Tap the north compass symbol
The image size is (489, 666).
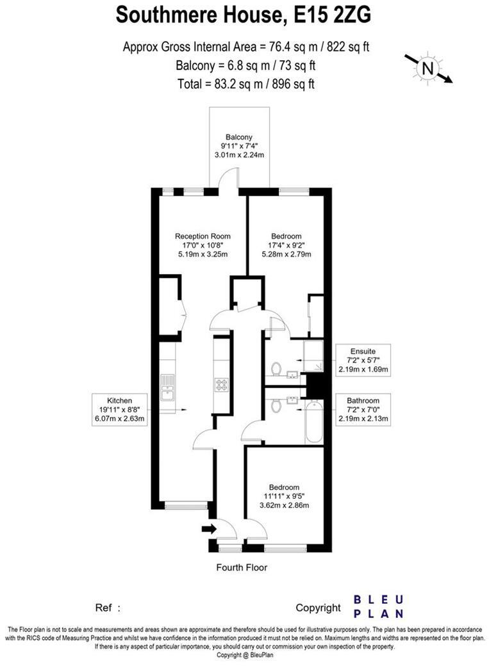point(428,67)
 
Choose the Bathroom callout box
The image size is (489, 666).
point(363,410)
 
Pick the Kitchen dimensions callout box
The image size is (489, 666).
point(120,410)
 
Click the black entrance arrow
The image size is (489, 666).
point(209,528)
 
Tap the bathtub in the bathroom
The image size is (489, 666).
point(313,421)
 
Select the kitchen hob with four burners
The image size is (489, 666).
point(222,385)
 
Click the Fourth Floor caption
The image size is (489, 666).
point(242,567)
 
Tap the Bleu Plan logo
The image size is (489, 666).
point(379,606)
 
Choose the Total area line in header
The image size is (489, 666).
point(246,83)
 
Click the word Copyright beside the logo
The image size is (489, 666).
point(318,608)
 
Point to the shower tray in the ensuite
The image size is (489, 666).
point(313,357)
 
